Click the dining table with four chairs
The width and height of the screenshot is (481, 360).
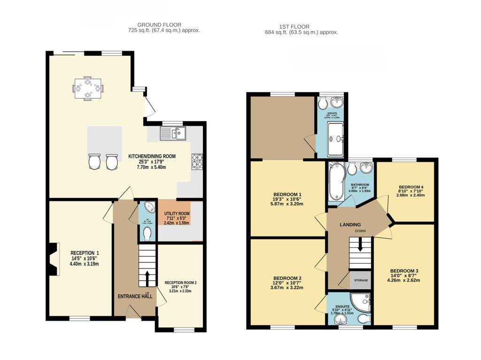88,88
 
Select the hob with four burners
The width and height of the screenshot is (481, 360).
196,162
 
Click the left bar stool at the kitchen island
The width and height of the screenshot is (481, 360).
94,162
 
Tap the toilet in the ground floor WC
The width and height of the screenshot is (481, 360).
147,233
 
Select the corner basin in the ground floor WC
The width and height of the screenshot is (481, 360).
149,207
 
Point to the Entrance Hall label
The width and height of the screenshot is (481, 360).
135,296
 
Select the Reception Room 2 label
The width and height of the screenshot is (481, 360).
180,283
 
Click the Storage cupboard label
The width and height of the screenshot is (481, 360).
361,280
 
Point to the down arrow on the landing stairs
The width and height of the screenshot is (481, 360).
360,244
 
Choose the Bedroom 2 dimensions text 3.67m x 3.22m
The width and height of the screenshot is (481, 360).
287,288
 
